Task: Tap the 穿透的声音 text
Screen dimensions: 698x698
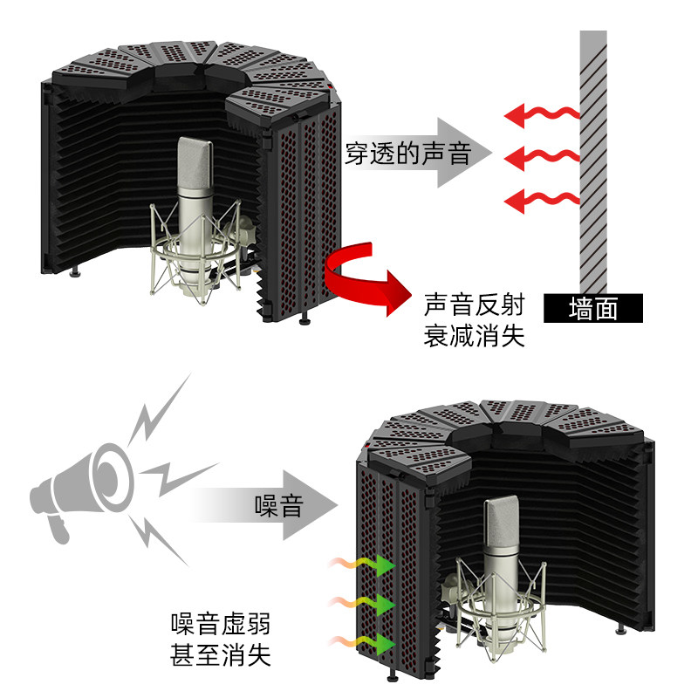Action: pos(408,154)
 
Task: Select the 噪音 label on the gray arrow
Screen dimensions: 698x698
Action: pos(278,505)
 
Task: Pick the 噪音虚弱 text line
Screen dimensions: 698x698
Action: pos(220,624)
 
